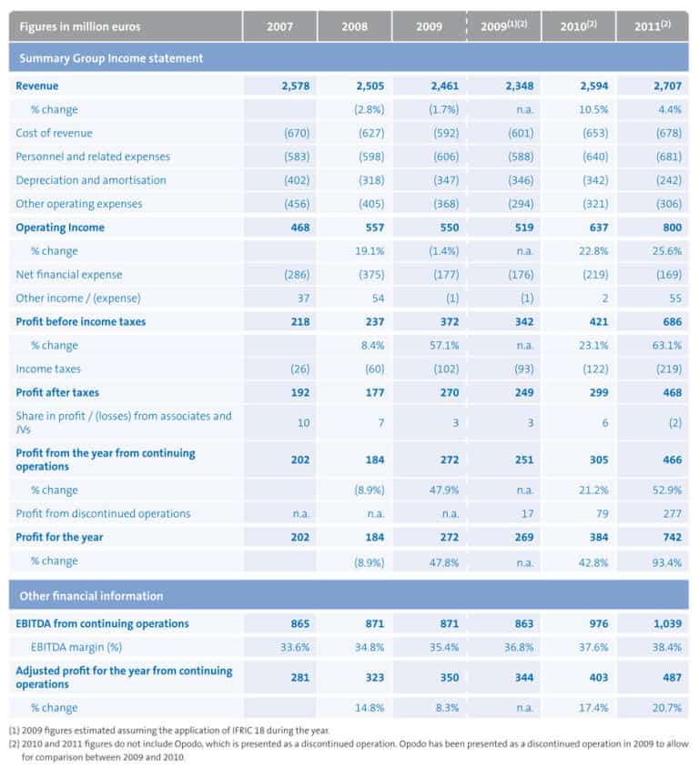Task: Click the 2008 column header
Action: pos(355,26)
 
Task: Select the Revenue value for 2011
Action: pos(667,86)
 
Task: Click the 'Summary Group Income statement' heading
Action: pos(111,58)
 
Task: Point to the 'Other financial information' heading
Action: pos(91,596)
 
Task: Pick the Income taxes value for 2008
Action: pos(374,369)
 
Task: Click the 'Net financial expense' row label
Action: pos(68,275)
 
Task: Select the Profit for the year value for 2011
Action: pos(672,537)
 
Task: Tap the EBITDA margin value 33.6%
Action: pos(295,647)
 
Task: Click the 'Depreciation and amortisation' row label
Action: pos(91,180)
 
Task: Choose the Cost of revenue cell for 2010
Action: pos(595,133)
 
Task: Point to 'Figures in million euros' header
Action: pos(80,26)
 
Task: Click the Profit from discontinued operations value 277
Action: pos(672,513)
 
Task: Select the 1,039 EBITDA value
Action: pos(667,623)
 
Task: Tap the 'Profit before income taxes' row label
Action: pos(80,322)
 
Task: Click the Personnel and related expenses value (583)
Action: pos(297,157)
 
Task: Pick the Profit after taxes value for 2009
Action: pos(450,392)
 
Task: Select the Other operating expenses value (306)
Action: pos(669,204)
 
